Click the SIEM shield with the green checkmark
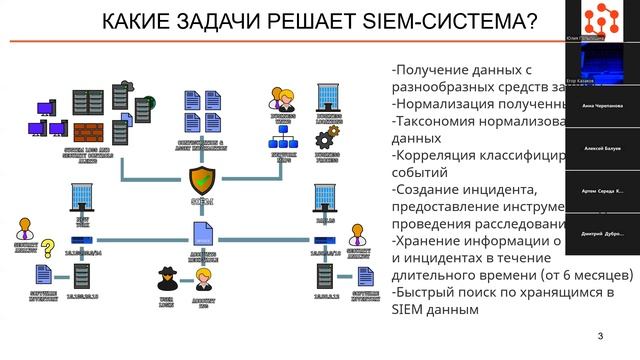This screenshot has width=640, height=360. coord(201,180)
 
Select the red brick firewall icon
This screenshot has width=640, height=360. coord(89,132)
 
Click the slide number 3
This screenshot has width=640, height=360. coord(600,336)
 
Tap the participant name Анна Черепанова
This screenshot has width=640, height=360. coord(602,105)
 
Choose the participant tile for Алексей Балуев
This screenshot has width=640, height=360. coord(602,147)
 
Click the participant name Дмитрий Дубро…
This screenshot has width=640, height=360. coord(602,232)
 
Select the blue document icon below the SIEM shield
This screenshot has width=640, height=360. coord(201,231)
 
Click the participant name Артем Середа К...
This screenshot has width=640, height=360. coord(602,190)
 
